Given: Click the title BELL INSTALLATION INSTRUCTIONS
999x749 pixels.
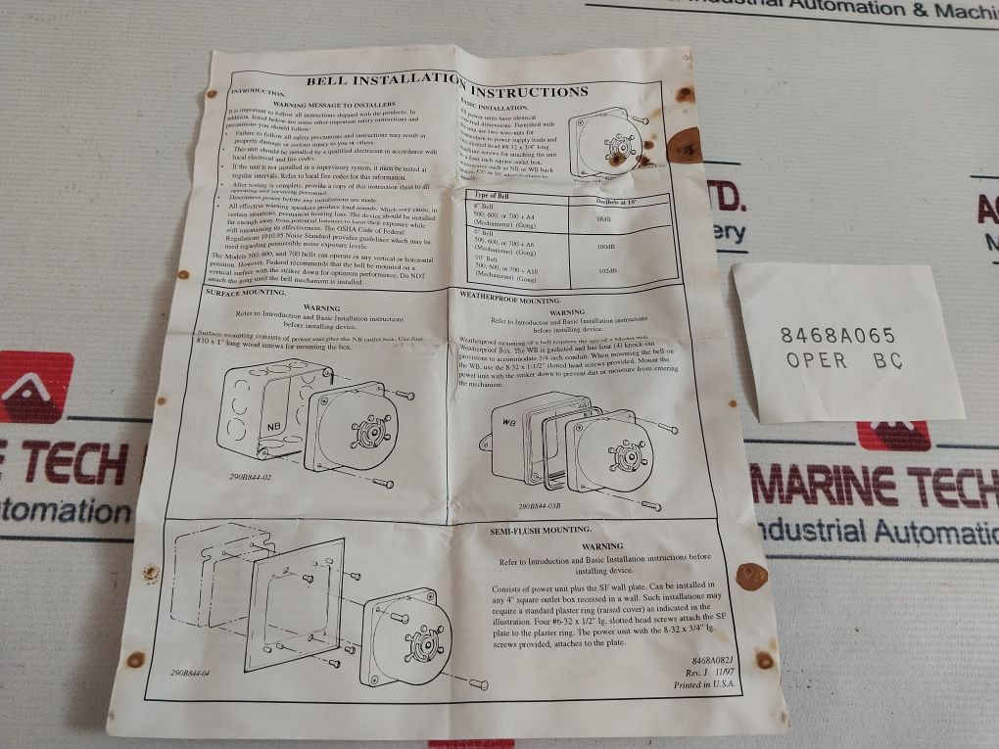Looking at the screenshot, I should [x=448, y=86].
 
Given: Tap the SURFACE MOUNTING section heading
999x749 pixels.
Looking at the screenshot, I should [x=245, y=292].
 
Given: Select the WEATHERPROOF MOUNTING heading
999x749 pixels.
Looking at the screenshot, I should [x=509, y=300].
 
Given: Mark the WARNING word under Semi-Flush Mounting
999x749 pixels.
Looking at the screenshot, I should [x=602, y=545].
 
